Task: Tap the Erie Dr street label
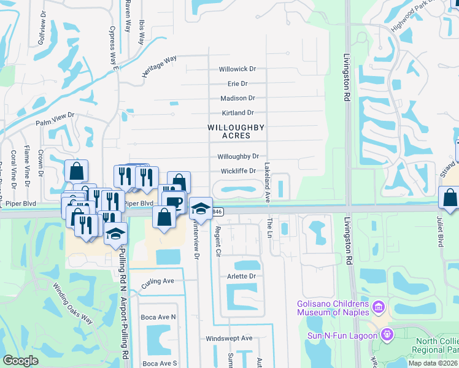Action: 237,83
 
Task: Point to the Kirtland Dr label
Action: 237,113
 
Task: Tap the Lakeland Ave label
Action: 268,183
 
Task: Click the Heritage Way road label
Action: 159,66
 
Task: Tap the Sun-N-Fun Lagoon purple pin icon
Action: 387,335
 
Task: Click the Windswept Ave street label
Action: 229,338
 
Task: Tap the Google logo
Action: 21,361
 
